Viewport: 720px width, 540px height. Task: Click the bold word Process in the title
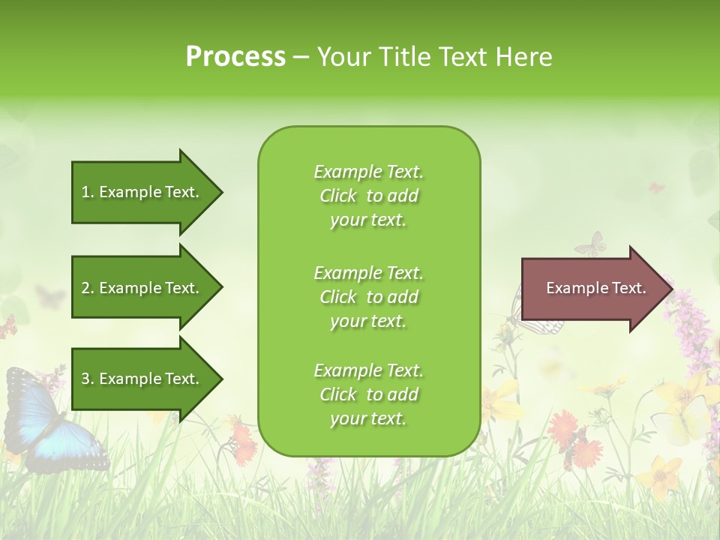(x=235, y=56)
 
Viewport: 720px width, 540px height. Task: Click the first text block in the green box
(x=368, y=196)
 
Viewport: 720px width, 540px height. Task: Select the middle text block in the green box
(x=368, y=297)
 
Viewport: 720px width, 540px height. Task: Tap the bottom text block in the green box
(x=368, y=394)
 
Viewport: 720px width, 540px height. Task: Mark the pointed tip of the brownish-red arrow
(x=672, y=289)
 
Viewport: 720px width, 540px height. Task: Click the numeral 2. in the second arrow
(x=88, y=288)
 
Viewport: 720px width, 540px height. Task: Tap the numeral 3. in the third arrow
(x=88, y=379)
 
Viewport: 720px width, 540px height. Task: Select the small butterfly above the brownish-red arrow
(x=590, y=244)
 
